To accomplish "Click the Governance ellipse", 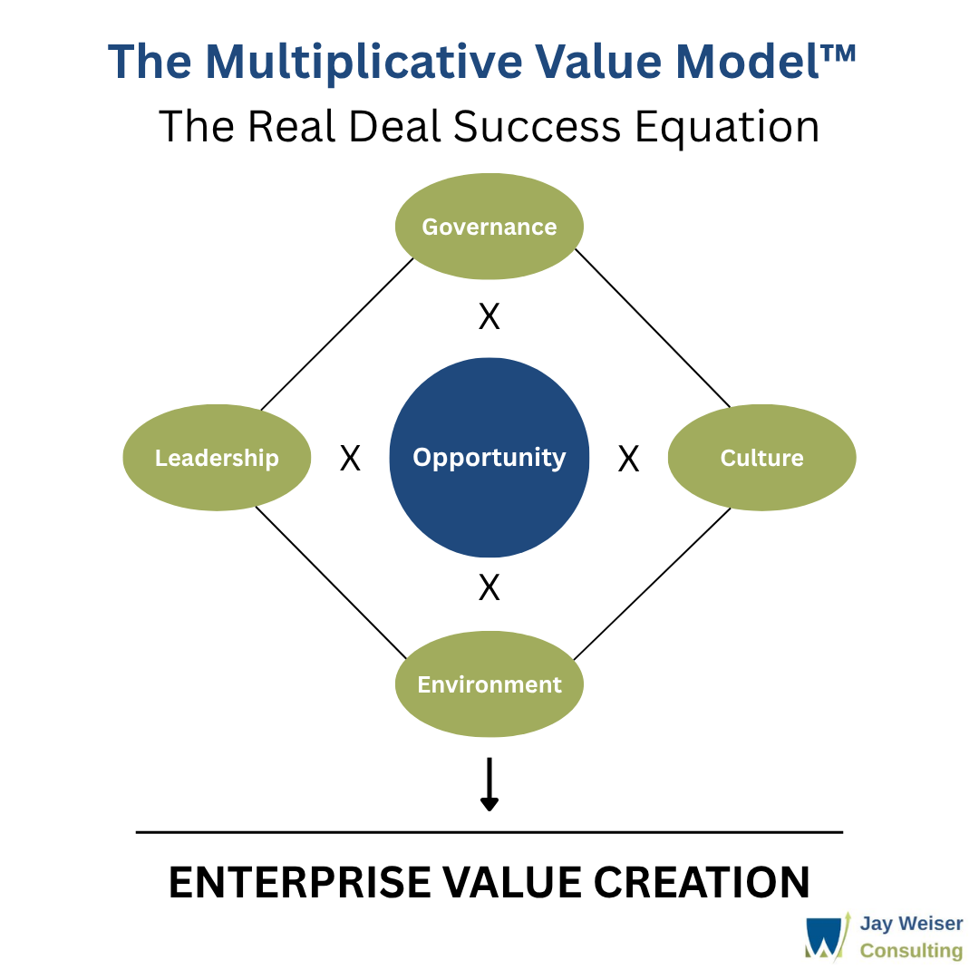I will click(489, 226).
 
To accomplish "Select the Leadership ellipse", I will click(217, 458).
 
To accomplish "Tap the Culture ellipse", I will click(761, 458).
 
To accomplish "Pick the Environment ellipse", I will click(489, 684).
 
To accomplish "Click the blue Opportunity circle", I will click(489, 458).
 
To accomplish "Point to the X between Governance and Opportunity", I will click(489, 317).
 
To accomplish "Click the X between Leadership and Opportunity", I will click(350, 459).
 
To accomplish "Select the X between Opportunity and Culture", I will click(628, 459).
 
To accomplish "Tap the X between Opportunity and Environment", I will click(489, 588).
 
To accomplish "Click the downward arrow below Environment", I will click(489, 784).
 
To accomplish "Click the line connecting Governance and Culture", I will click(653, 328).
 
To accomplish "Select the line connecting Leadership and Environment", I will click(331, 582).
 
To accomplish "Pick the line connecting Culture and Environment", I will click(653, 583).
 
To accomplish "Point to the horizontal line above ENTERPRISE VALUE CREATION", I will click(489, 832).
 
